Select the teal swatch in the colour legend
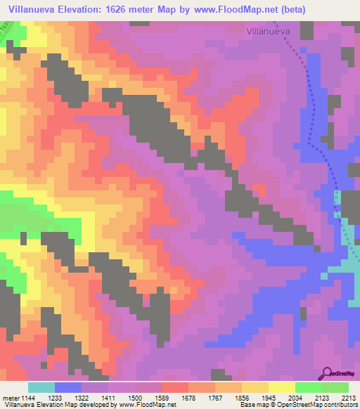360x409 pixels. point(41,387)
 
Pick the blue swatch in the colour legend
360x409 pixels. point(68,387)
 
